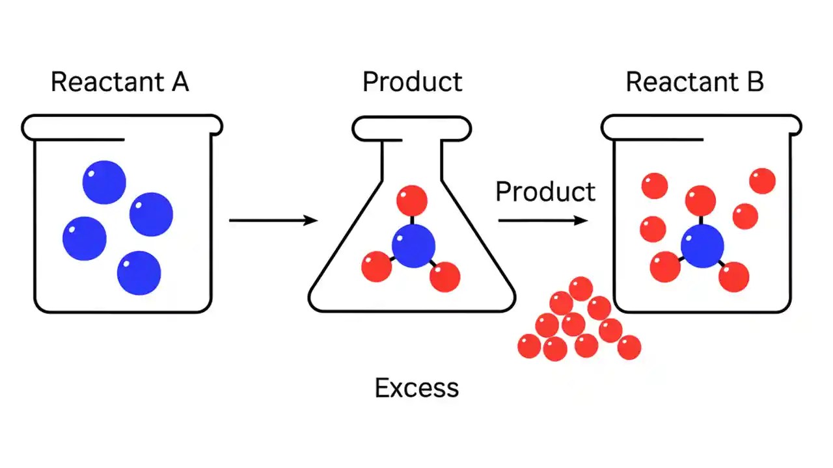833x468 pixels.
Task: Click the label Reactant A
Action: click(120, 83)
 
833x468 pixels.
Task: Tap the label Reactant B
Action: click(694, 83)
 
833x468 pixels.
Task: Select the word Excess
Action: click(416, 388)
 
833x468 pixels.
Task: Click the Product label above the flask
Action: click(412, 83)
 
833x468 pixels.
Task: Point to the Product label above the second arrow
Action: click(545, 192)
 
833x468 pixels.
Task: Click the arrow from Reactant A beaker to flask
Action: click(273, 220)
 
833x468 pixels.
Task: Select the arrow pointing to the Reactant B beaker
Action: click(543, 220)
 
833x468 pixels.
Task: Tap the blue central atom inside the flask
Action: click(413, 246)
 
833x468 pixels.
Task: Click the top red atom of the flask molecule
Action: click(412, 200)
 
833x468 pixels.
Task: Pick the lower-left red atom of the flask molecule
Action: click(376, 266)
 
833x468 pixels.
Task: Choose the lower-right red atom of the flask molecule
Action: click(445, 277)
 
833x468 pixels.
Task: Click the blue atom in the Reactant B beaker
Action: click(702, 247)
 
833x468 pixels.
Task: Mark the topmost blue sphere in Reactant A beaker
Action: click(104, 182)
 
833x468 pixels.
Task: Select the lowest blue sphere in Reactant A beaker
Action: click(139, 272)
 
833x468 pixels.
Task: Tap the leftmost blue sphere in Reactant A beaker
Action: click(85, 238)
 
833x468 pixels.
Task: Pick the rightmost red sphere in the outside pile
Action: click(629, 347)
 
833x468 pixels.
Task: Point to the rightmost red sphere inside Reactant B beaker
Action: click(763, 181)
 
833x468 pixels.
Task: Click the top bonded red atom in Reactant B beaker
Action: click(700, 200)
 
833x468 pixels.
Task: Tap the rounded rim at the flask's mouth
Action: click(411, 128)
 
